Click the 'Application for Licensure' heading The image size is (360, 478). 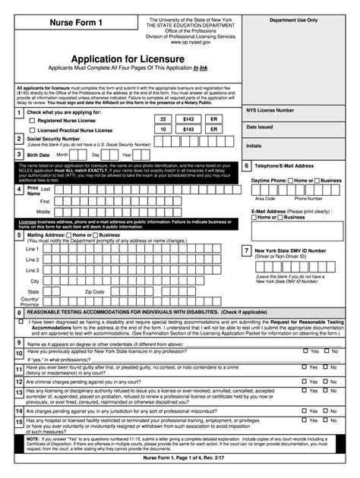(127, 58)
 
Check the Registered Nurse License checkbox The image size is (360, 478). (32, 121)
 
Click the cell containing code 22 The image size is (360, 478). (162, 120)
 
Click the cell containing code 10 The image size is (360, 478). (162, 130)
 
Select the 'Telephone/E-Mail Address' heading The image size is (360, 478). (284, 165)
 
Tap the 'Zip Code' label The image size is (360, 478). (95, 291)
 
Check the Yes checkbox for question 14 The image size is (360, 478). (305, 407)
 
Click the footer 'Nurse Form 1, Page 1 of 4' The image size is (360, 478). (180, 460)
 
